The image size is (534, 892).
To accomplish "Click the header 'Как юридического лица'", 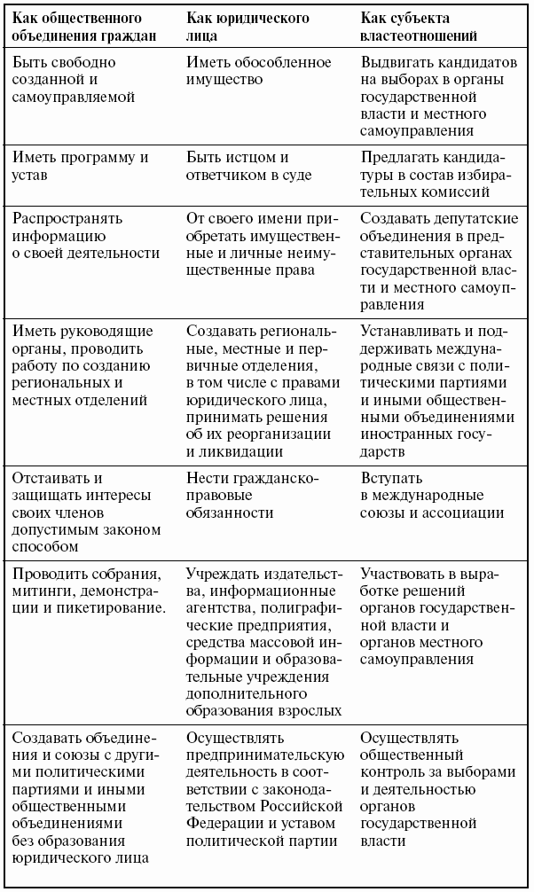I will click(x=247, y=27).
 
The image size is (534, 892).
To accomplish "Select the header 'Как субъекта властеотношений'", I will click(x=420, y=27).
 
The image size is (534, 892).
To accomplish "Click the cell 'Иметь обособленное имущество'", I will click(x=258, y=71).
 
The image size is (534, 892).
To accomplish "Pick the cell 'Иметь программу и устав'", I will click(x=80, y=166).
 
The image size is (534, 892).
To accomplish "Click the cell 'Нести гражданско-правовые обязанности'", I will click(x=252, y=496).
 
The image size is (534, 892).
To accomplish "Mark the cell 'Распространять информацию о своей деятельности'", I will click(x=85, y=235).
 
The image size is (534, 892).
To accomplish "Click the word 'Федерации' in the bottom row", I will click(x=224, y=824).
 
